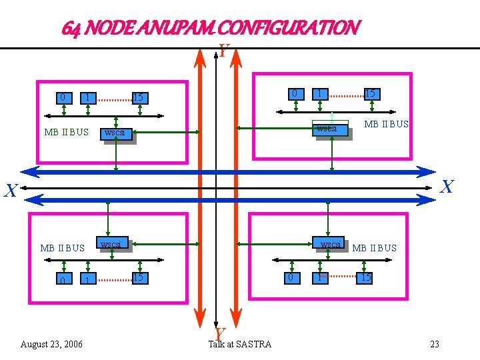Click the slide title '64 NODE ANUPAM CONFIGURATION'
click(211, 28)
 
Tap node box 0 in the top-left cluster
click(63, 98)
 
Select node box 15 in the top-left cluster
click(138, 98)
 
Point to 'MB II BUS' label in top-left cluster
click(66, 132)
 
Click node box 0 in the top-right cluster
click(294, 94)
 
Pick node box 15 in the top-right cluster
click(370, 94)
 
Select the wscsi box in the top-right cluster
click(330, 129)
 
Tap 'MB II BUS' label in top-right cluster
click(386, 125)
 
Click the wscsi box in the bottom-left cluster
click(111, 245)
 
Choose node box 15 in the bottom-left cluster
click(138, 277)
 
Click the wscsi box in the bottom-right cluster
click(329, 245)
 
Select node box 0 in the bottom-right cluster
click(289, 277)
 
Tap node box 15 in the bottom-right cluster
click(365, 277)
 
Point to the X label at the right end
click(447, 187)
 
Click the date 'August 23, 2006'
click(51, 344)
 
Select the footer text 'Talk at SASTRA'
click(240, 344)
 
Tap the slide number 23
click(435, 344)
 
